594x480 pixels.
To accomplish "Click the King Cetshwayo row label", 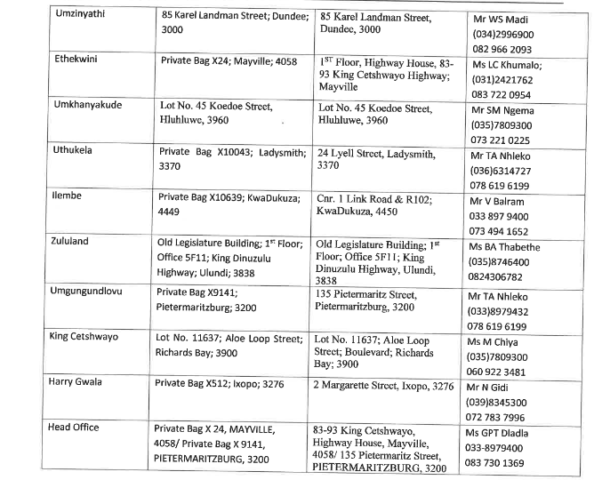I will [x=92, y=338].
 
